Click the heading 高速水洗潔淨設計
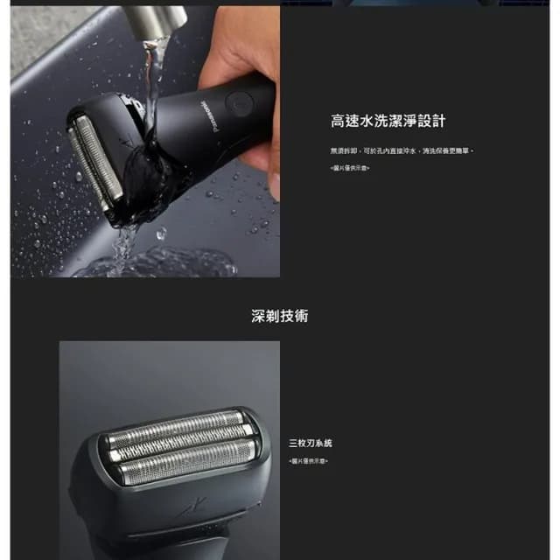[x=388, y=122]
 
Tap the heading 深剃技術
[x=279, y=316]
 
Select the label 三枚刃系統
[x=311, y=444]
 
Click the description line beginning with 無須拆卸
[x=402, y=150]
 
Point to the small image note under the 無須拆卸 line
[x=349, y=167]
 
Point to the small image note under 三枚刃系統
[x=308, y=460]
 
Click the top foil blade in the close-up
[x=174, y=419]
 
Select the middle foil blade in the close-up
[x=180, y=437]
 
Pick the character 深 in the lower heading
[x=258, y=316]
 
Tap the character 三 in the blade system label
[x=293, y=444]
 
